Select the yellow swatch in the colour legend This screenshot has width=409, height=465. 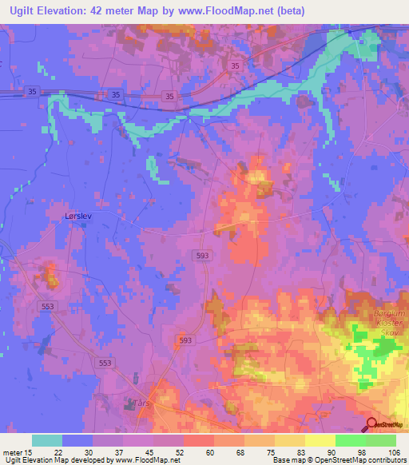(320, 440)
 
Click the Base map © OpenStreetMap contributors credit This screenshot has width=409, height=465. (340, 460)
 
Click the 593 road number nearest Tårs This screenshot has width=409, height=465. (185, 340)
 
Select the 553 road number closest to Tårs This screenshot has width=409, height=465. (105, 363)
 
